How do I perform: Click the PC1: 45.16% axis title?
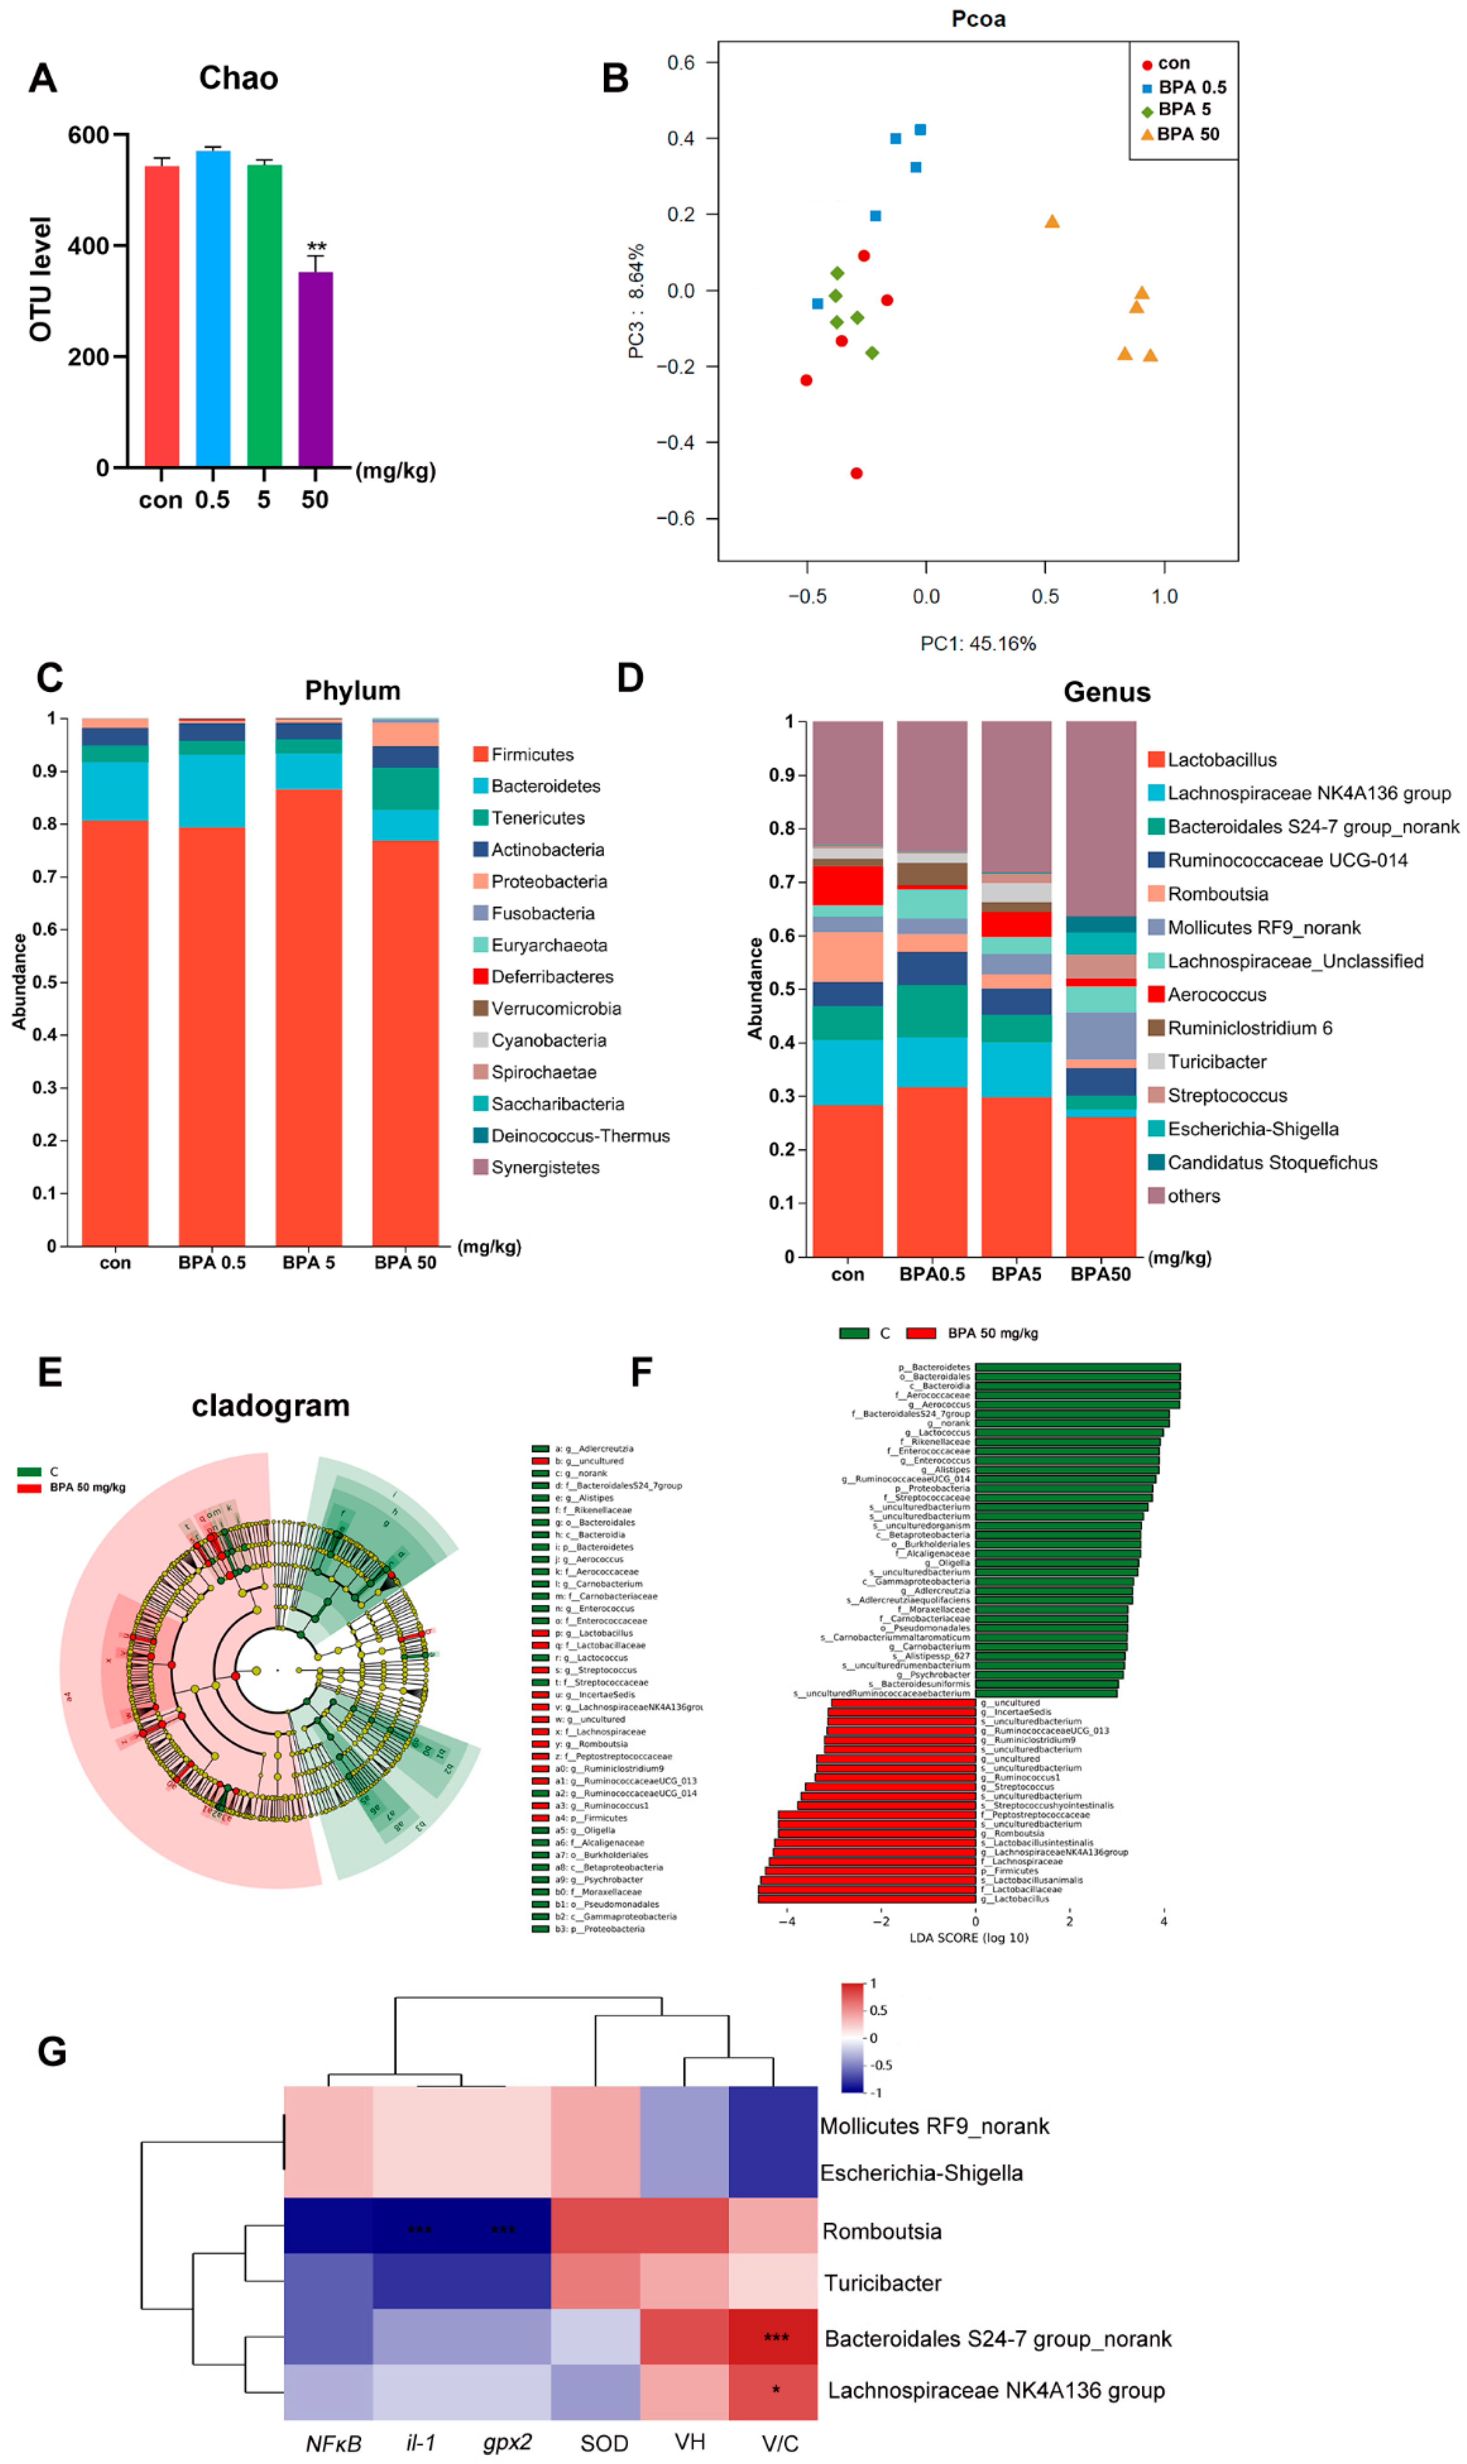(x=978, y=644)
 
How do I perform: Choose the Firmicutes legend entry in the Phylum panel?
(x=532, y=755)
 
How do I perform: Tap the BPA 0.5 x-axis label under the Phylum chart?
(x=212, y=1263)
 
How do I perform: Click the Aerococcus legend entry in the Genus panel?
(x=1216, y=995)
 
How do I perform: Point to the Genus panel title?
(x=1106, y=692)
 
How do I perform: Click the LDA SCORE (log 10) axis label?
(x=969, y=1938)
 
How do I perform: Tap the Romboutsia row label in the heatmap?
(x=882, y=2231)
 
